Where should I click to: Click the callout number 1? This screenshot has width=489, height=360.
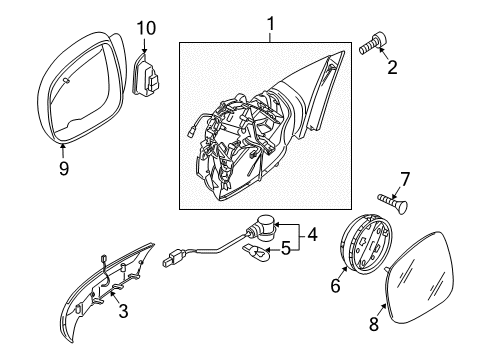(271, 24)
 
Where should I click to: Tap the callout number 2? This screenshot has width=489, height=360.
(392, 67)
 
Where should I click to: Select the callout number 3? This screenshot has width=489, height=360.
(123, 311)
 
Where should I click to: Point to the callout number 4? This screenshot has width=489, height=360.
(312, 235)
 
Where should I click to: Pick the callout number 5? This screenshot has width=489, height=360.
(286, 248)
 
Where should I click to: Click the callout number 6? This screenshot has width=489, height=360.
(335, 286)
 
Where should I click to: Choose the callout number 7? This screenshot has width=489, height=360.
(405, 179)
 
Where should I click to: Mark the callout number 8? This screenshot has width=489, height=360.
(374, 323)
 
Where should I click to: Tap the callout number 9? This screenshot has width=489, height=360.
(64, 168)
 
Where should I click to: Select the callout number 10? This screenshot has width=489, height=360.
(146, 28)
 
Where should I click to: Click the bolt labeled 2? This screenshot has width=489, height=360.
(373, 43)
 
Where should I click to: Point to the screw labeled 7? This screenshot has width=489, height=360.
(393, 202)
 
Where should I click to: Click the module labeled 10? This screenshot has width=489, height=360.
(146, 75)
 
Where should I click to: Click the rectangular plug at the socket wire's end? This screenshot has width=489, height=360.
(174, 258)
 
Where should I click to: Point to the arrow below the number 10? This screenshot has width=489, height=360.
(144, 45)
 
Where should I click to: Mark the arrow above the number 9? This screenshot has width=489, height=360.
(62, 150)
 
